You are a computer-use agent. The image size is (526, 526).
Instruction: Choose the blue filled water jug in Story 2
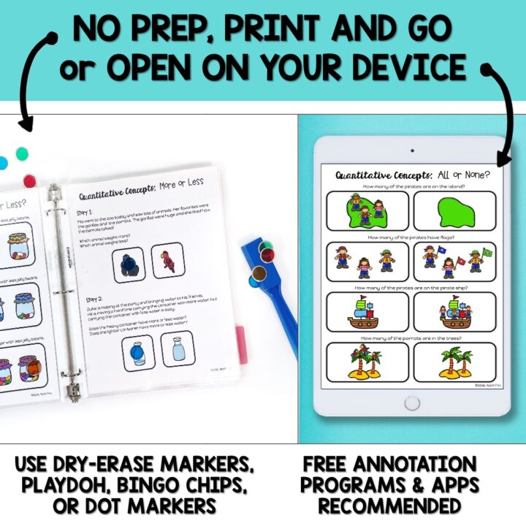coord(139,352)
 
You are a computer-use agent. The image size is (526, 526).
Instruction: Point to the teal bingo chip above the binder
coord(22,153)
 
